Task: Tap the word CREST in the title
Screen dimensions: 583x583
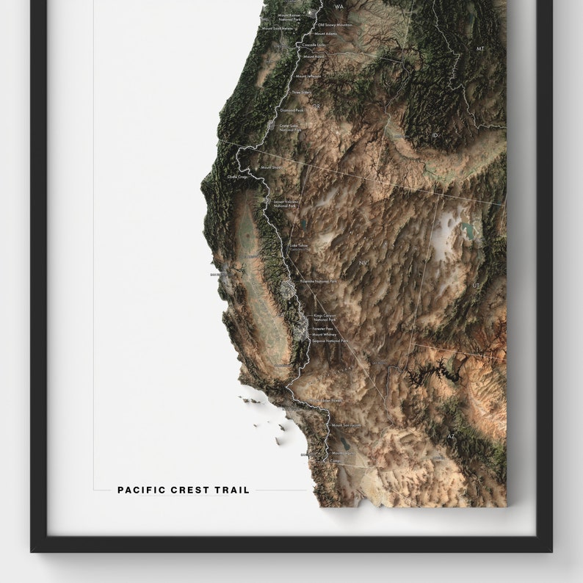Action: pyautogui.click(x=189, y=490)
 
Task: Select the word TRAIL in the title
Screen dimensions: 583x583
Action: pyautogui.click(x=232, y=490)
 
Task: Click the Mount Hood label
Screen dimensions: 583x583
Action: pyautogui.click(x=313, y=56)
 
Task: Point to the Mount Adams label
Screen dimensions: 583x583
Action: pyautogui.click(x=325, y=34)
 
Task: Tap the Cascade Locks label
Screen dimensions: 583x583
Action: pyautogui.click(x=314, y=45)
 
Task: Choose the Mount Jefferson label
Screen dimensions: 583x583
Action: pyautogui.click(x=308, y=76)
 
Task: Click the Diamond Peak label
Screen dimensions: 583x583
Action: pyautogui.click(x=291, y=110)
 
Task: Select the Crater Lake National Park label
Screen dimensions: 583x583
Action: pyautogui.click(x=289, y=128)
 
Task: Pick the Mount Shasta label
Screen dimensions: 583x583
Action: pyautogui.click(x=271, y=167)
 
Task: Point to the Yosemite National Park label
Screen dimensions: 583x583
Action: pyautogui.click(x=319, y=281)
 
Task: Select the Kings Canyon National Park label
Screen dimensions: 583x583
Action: pyautogui.click(x=324, y=317)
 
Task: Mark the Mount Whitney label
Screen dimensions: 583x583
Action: pyautogui.click(x=323, y=335)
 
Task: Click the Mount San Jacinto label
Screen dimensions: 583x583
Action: pyautogui.click(x=347, y=425)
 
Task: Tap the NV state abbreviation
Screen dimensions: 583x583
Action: pyautogui.click(x=361, y=262)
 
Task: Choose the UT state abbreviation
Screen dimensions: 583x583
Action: pyautogui.click(x=476, y=285)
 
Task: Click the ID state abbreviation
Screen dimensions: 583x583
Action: pyautogui.click(x=435, y=135)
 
